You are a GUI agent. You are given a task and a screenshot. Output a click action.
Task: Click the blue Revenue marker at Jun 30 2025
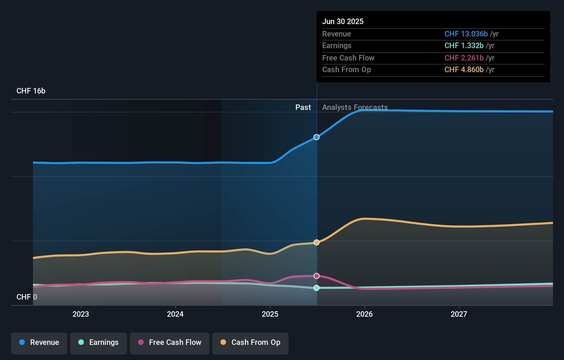click(316, 137)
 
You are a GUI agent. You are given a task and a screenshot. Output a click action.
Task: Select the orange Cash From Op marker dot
click(316, 242)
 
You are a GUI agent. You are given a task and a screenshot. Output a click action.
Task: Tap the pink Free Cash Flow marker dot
click(316, 276)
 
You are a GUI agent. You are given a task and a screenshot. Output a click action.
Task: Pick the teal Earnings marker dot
click(316, 288)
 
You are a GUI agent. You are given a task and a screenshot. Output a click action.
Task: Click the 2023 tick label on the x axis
click(81, 314)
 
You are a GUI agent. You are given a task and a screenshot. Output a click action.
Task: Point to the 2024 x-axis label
click(175, 314)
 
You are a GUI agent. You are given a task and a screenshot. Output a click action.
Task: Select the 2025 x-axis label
click(270, 314)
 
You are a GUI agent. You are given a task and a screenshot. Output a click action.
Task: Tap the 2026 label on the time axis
click(364, 314)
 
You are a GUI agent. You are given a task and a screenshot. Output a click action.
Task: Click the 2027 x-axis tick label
click(459, 314)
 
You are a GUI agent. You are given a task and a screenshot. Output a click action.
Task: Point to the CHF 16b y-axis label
click(31, 91)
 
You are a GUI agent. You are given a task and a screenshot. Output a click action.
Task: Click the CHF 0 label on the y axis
click(26, 297)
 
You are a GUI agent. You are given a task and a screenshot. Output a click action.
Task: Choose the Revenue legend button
click(39, 342)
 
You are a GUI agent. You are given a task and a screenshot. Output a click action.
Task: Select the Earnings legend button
click(99, 342)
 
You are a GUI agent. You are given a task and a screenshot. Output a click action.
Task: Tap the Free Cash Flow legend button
click(170, 342)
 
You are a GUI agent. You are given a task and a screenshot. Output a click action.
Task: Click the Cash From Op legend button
click(250, 342)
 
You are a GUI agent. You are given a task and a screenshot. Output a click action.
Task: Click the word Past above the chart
click(303, 107)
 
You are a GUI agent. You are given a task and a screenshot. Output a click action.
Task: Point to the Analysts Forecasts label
click(355, 107)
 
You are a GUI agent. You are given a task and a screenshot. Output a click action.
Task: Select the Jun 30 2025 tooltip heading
click(342, 21)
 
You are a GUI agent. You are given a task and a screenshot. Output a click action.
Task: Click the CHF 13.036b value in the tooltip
click(466, 34)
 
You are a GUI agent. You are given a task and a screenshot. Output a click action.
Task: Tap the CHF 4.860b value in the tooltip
click(464, 69)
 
